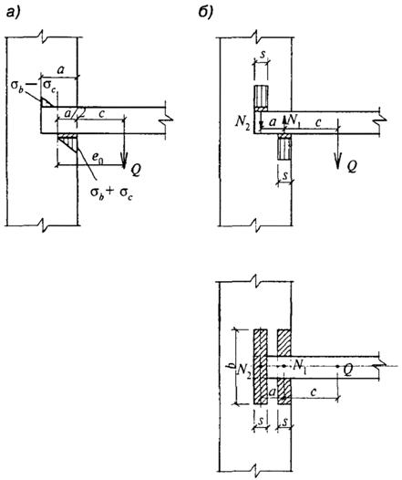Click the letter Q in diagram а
(x=136, y=170)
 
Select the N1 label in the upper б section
(x=294, y=120)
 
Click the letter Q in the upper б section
(x=351, y=166)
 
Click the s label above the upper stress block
(x=262, y=56)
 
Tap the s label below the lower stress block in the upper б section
(x=285, y=175)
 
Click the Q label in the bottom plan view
(x=348, y=370)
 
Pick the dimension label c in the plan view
(x=313, y=391)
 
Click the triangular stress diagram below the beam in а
(x=68, y=142)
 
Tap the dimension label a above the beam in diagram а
(x=61, y=70)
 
